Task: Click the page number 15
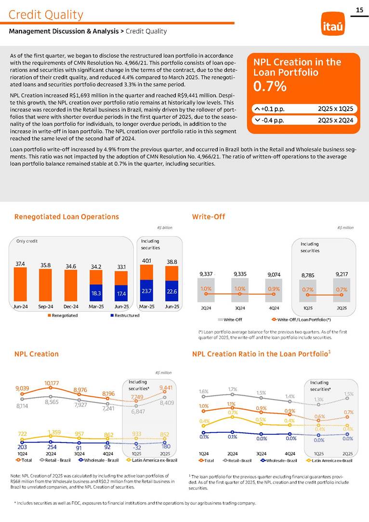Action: pos(359,10)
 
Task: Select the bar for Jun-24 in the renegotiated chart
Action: pos(21,284)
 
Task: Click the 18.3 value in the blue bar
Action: pos(96,293)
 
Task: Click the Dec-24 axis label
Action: pos(71,306)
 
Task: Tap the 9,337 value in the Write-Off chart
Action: pos(206,274)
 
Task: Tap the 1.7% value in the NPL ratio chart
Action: pos(233,388)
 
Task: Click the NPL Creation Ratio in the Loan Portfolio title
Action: pos(261,354)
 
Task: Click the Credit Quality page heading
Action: pos(46,15)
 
